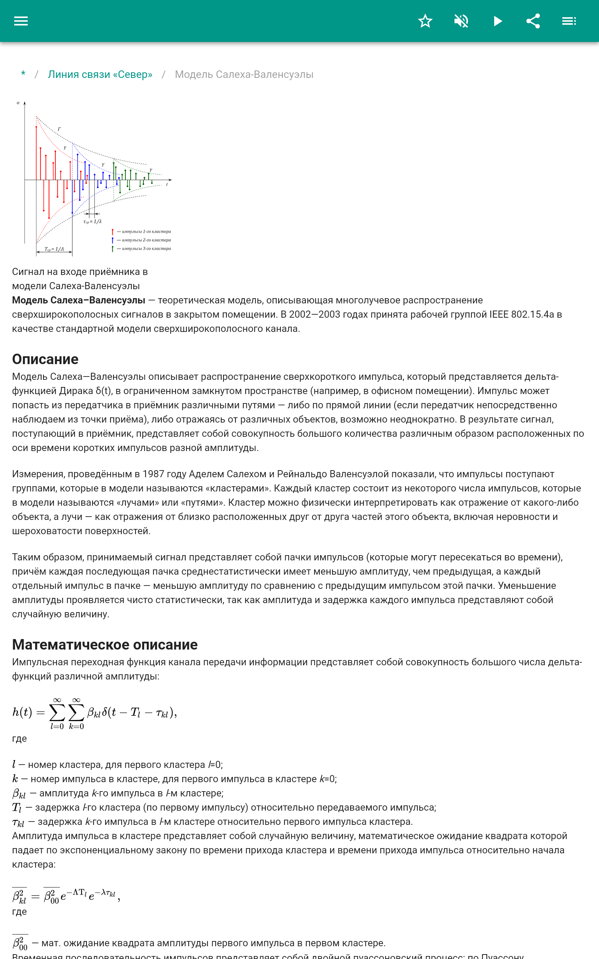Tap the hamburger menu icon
tap(21, 21)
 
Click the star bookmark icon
tap(425, 21)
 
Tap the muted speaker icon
tap(461, 21)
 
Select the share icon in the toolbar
tap(533, 21)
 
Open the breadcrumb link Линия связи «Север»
tap(100, 75)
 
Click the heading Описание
tap(45, 359)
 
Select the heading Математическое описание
tap(104, 645)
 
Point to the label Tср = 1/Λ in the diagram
tap(54, 249)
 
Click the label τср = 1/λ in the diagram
tap(92, 222)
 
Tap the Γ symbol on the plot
tap(60, 129)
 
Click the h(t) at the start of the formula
tap(22, 712)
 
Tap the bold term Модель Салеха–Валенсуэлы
tap(79, 300)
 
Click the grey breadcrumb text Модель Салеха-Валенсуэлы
tap(244, 75)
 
